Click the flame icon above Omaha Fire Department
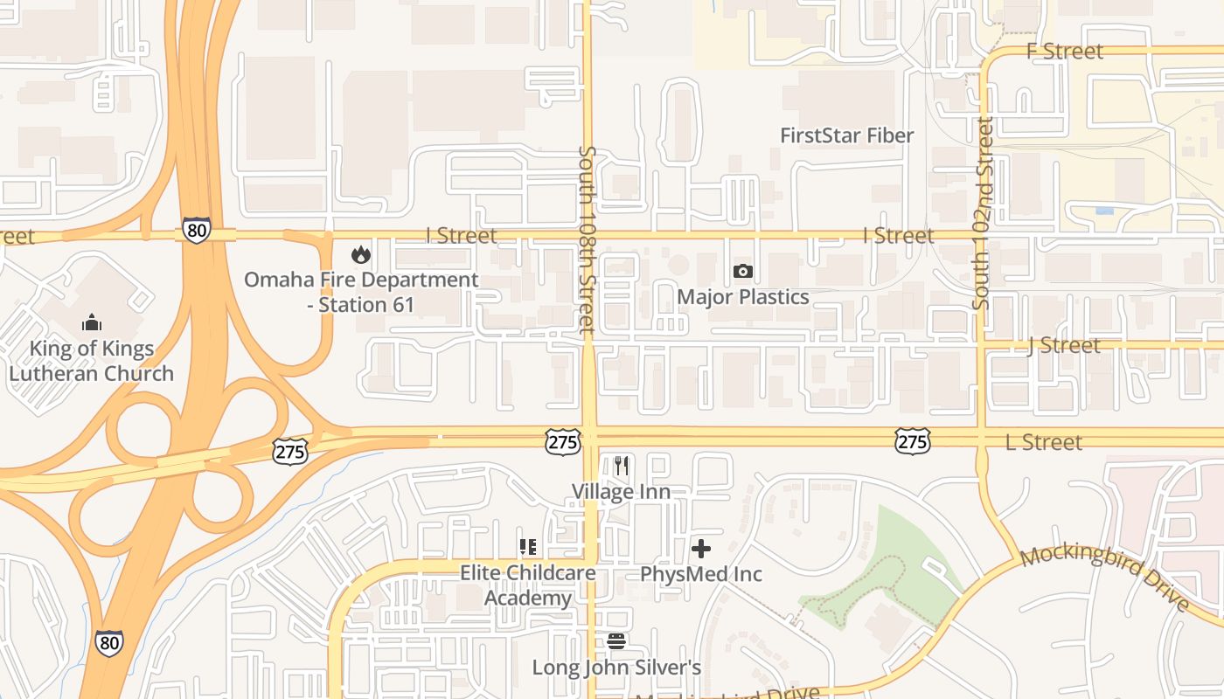coord(360,255)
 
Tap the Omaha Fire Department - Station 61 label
coord(361,293)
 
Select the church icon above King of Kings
coord(92,323)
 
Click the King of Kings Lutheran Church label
coord(91,361)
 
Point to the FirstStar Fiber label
coord(846,135)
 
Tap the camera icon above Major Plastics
coord(743,272)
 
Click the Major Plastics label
coord(743,297)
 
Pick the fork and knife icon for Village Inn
coord(622,466)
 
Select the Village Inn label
coord(622,492)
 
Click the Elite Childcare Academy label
coord(528,585)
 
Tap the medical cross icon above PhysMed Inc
coord(701,549)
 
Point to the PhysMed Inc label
coord(701,574)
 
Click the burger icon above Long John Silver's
coord(616,642)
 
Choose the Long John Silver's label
coord(616,668)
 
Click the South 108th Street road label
coord(587,240)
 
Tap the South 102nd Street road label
coord(984,214)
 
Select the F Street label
coord(1064,52)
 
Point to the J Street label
coord(1063,346)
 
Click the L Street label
coord(1044,442)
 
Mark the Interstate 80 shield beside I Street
coord(198,231)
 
